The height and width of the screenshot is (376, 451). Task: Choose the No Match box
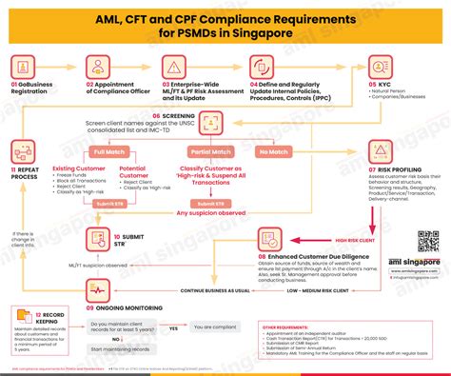coord(274,151)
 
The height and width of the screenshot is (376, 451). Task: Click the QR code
coord(427,242)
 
